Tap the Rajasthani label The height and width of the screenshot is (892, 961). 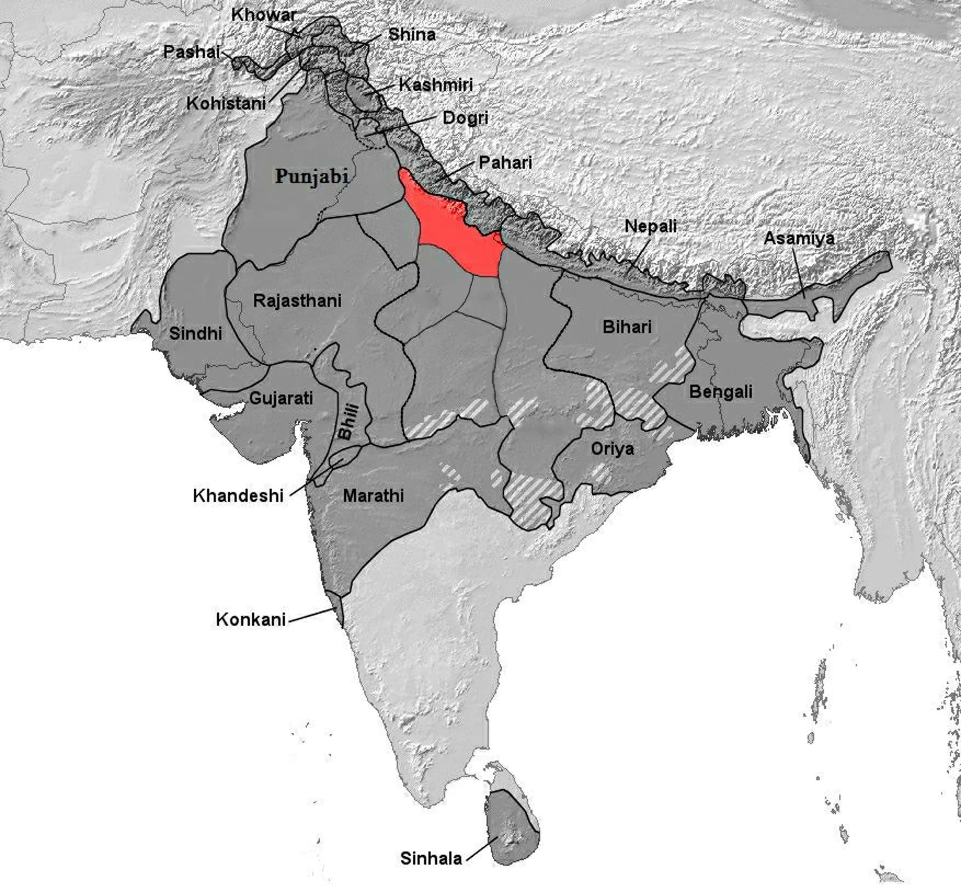[x=297, y=300]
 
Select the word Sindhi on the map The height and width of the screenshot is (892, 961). [x=195, y=333]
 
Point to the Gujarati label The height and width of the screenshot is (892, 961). [x=281, y=398]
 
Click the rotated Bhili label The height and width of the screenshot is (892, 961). [x=348, y=421]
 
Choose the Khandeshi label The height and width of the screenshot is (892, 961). [x=238, y=496]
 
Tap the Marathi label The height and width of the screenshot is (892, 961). [x=373, y=496]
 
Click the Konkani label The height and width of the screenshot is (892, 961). [x=251, y=619]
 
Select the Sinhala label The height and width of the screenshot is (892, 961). [x=431, y=858]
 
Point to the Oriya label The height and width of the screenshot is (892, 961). [x=613, y=449]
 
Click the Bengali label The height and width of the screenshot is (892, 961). [x=720, y=392]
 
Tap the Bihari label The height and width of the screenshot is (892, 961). [x=627, y=327]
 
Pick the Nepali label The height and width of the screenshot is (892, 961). [x=651, y=226]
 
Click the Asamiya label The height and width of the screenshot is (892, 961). [x=799, y=238]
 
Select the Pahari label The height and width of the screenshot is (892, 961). [x=505, y=162]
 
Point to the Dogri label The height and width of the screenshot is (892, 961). [x=465, y=118]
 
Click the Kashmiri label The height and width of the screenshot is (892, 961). [x=436, y=85]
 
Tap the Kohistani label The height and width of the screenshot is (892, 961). [x=226, y=103]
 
